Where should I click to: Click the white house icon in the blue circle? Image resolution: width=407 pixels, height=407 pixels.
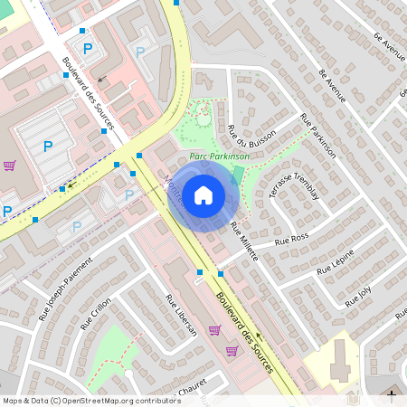203,194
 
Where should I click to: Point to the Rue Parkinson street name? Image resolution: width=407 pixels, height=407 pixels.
317,136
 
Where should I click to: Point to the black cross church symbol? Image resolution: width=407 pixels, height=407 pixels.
392,394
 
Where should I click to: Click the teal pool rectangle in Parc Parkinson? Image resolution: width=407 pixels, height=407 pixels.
238,173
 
